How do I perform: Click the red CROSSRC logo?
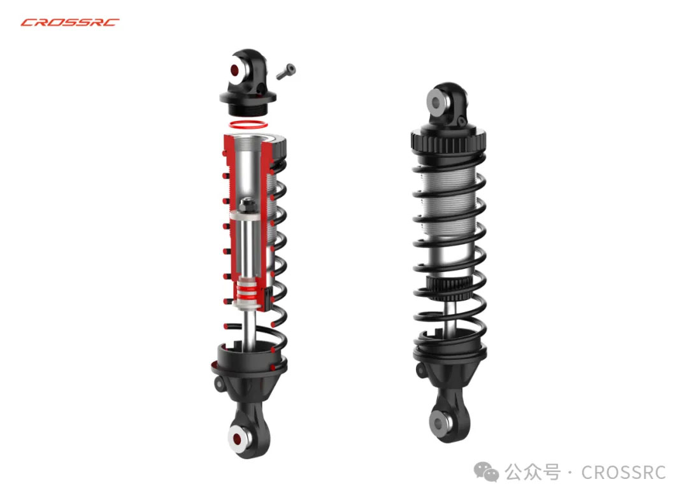click(x=70, y=22)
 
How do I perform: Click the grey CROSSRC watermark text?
click(x=624, y=473)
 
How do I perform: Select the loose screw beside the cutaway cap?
click(x=286, y=71)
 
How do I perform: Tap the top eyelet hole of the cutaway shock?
click(x=234, y=70)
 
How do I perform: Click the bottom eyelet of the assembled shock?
click(x=440, y=424)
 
